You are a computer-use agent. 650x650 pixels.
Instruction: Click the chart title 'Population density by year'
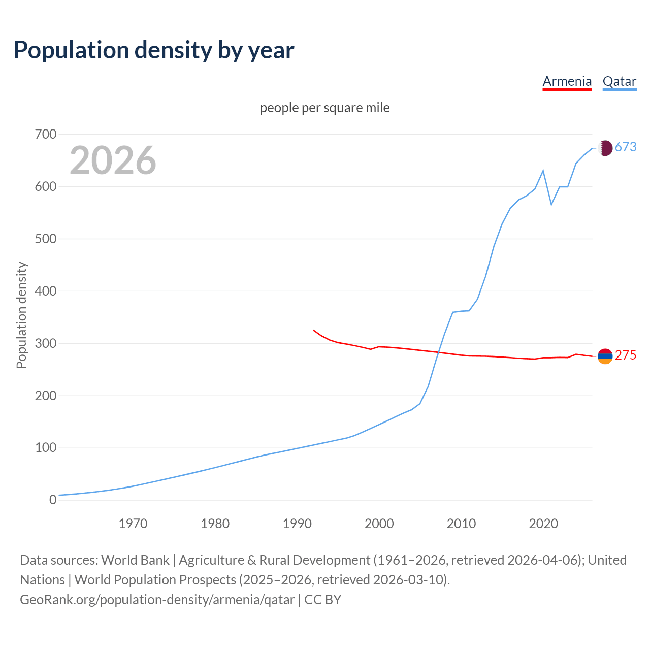(x=154, y=50)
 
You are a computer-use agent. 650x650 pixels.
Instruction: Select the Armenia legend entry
(x=567, y=81)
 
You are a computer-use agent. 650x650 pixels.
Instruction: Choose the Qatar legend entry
(x=619, y=81)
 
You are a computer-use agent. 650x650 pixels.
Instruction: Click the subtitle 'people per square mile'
(x=324, y=108)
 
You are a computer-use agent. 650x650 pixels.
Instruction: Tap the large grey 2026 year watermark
(x=113, y=160)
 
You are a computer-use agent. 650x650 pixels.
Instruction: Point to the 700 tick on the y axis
(x=46, y=135)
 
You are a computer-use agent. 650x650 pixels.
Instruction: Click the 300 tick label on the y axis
(x=46, y=343)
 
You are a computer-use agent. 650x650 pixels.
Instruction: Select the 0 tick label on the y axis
(x=53, y=500)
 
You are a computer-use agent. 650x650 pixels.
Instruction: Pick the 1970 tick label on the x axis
(x=133, y=524)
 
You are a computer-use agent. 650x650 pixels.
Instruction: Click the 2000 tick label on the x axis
(x=379, y=524)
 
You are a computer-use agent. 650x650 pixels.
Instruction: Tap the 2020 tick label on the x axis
(x=543, y=524)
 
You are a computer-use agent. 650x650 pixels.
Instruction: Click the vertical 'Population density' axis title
(x=21, y=315)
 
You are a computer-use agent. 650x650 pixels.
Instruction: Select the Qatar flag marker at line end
(x=605, y=148)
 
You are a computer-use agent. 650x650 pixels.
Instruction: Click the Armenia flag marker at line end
(x=605, y=356)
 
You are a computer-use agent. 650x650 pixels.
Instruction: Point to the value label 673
(x=626, y=147)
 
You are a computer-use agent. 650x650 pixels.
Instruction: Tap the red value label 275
(x=626, y=355)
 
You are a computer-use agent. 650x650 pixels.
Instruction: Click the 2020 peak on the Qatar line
(x=543, y=171)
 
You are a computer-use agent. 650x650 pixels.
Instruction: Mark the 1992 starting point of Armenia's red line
(x=314, y=330)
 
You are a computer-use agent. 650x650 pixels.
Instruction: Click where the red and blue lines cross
(x=439, y=352)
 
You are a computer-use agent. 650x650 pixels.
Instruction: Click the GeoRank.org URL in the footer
(x=157, y=600)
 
